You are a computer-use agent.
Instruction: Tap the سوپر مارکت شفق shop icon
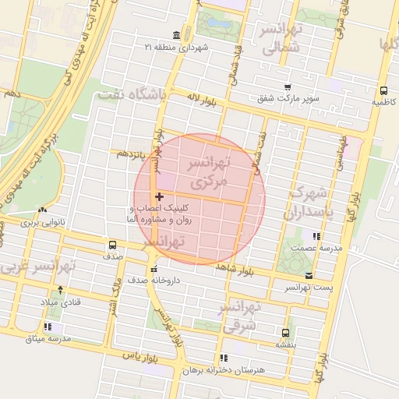(288, 87)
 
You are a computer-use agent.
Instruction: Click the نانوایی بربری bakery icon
(42, 210)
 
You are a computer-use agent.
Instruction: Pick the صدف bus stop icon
(114, 245)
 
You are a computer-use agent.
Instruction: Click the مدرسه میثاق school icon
(48, 327)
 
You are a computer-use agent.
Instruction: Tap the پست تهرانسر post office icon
(309, 276)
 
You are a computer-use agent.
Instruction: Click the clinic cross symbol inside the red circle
(160, 196)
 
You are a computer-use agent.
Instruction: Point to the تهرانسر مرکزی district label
(207, 172)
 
